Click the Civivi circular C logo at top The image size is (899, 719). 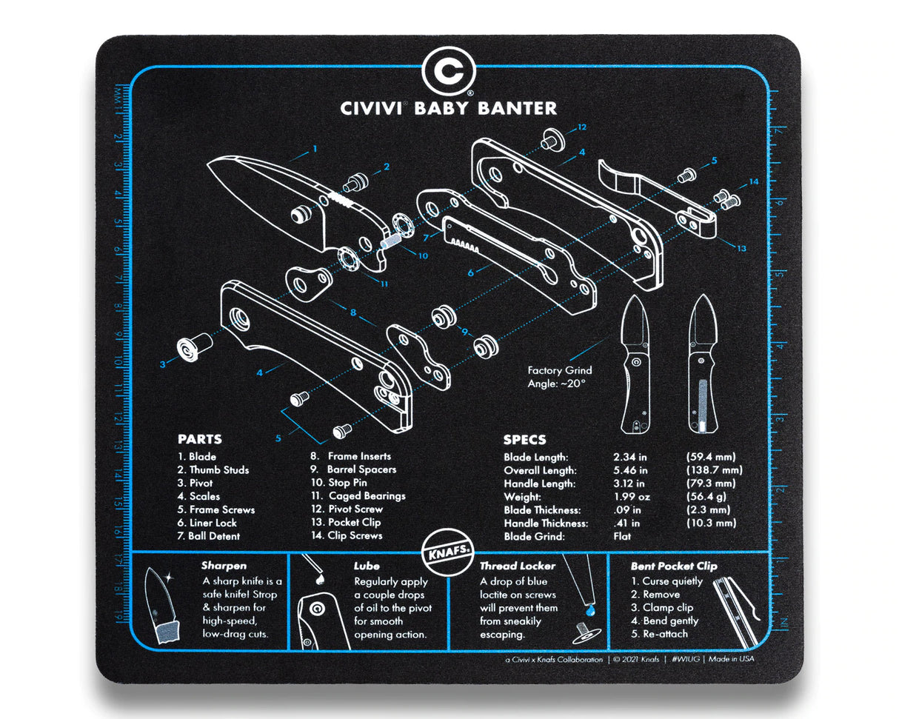point(449,71)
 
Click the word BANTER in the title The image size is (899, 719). point(515,108)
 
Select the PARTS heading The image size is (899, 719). point(199,439)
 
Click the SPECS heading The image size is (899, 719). point(524,440)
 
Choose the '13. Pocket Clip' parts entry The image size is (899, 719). point(346,522)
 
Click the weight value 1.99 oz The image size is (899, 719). point(630,496)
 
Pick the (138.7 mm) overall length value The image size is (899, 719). point(712,470)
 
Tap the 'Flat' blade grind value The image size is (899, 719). point(624,536)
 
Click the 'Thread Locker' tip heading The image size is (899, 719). point(518,566)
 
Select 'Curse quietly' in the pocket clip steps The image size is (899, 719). point(672,581)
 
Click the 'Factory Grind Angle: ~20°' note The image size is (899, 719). point(560,377)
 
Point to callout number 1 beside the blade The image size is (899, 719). point(315,148)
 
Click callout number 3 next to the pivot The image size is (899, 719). point(163,363)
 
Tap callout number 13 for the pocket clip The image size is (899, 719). point(741,249)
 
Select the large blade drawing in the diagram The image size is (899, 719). point(281,204)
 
